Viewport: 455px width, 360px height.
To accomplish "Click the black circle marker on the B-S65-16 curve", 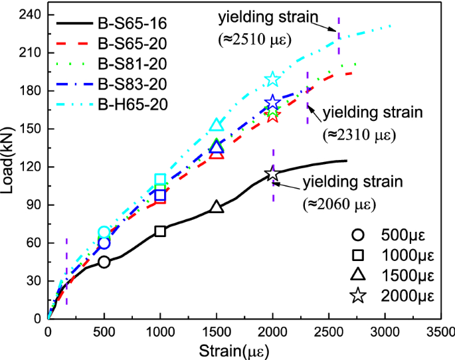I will tap(104, 262).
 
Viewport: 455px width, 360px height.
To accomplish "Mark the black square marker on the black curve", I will tap(160, 231).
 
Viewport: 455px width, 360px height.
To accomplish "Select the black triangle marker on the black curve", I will tap(217, 207).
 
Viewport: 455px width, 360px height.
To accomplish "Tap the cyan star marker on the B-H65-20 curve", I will tap(272, 80).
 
